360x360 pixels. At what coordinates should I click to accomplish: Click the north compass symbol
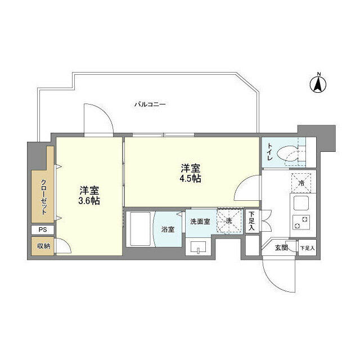point(318,84)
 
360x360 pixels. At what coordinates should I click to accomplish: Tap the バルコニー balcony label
point(150,105)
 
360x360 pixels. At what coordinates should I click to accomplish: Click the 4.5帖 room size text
point(190,178)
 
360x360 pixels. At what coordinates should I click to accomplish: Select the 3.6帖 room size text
point(89,201)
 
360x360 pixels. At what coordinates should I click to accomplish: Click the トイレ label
point(270,151)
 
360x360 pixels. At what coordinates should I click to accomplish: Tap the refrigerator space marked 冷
point(301,183)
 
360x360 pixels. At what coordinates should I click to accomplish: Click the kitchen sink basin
point(301,203)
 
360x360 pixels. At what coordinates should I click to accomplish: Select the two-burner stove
point(301,222)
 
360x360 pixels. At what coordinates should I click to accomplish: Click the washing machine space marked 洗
point(230,221)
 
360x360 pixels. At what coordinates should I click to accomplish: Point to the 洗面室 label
point(200,222)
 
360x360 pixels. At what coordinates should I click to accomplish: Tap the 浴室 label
point(168,229)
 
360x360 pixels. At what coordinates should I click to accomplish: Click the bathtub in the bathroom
point(140,229)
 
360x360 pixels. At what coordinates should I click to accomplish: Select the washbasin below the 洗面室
point(198,247)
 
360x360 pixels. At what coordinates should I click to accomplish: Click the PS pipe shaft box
point(43,229)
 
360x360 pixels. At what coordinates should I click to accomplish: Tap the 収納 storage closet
point(43,246)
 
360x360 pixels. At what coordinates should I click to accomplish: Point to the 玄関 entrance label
point(281,247)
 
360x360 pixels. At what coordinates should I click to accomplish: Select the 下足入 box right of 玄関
point(308,247)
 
